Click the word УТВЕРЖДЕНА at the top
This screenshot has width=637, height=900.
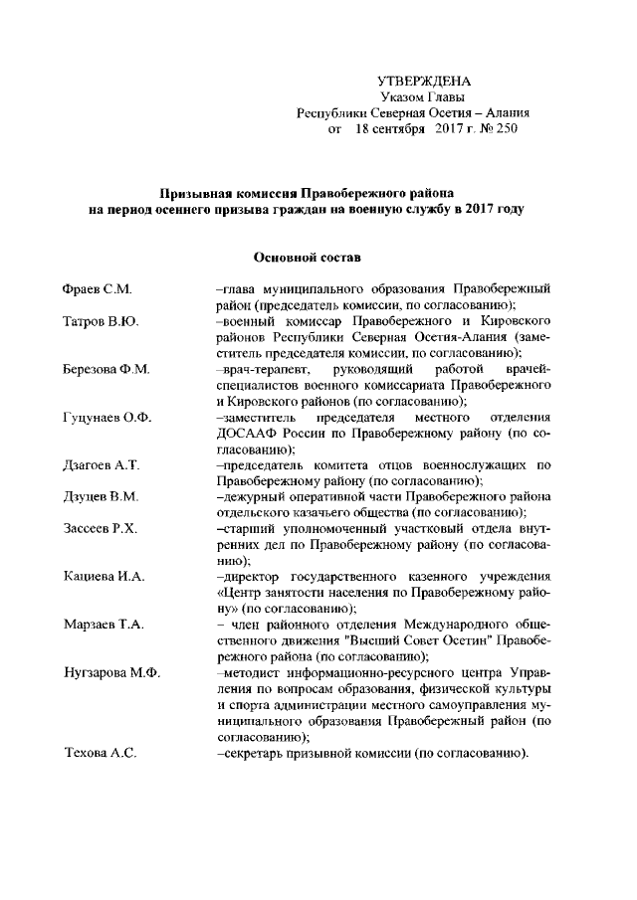pos(424,81)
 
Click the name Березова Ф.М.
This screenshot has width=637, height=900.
pos(106,370)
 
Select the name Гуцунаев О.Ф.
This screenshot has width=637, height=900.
pos(106,418)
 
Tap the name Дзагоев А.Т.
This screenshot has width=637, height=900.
pos(101,465)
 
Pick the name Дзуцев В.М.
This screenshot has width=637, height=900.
pos(100,497)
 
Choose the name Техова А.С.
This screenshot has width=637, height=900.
pos(99,753)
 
